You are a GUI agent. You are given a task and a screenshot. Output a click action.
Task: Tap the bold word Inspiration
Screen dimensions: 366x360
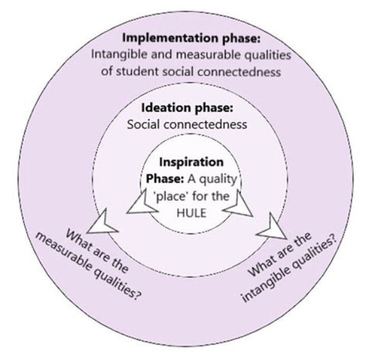pyautogui.click(x=191, y=163)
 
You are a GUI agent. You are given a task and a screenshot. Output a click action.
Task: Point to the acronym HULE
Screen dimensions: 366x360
pyautogui.click(x=192, y=213)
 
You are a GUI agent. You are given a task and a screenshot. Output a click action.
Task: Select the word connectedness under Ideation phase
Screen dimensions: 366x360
pyautogui.click(x=205, y=125)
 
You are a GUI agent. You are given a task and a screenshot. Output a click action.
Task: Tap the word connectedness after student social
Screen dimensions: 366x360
pyautogui.click(x=239, y=72)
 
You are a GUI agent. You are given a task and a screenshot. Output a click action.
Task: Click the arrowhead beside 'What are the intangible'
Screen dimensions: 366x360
pyautogui.click(x=273, y=228)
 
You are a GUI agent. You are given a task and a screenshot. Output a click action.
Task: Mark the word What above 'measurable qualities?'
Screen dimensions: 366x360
pyautogui.click(x=78, y=239)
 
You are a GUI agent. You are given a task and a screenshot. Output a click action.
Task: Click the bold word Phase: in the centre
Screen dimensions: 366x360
pyautogui.click(x=165, y=179)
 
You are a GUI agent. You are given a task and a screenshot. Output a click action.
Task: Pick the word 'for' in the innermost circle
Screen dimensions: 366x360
pyautogui.click(x=201, y=196)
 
